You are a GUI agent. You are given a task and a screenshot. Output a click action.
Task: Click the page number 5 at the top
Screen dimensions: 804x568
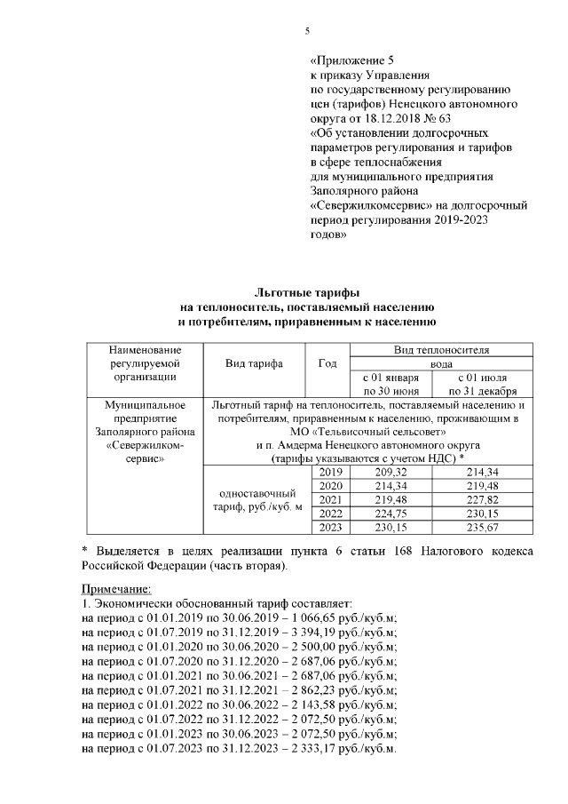point(307,31)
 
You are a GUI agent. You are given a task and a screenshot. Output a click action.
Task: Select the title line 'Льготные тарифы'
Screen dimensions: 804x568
point(307,292)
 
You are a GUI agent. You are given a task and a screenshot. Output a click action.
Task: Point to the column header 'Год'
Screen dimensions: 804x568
point(327,363)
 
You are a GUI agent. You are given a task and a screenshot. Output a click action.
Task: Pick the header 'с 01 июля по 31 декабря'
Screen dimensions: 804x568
point(484,383)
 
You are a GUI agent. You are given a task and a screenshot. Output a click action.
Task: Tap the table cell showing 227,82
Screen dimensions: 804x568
point(484,499)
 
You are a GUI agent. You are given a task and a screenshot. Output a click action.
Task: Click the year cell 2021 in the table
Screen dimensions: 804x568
point(329,499)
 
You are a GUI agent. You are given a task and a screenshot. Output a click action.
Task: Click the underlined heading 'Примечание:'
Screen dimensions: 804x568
point(115,589)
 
